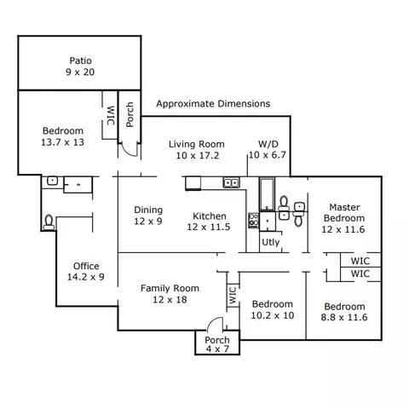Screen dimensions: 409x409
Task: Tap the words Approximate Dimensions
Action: click(x=213, y=104)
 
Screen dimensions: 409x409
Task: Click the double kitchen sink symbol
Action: click(x=231, y=182)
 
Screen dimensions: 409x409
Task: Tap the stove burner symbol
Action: click(x=254, y=221)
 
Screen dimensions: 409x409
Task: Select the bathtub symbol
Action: click(x=267, y=194)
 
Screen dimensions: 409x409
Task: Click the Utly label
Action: click(x=271, y=242)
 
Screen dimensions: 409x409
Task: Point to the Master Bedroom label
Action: click(x=343, y=218)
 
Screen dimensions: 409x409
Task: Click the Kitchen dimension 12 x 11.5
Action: click(x=209, y=227)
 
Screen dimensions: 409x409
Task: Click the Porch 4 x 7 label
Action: click(x=217, y=344)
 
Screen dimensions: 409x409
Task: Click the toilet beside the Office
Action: click(x=49, y=222)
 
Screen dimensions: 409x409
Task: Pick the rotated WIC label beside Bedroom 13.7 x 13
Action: click(x=111, y=115)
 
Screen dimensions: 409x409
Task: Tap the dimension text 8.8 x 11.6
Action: click(x=344, y=317)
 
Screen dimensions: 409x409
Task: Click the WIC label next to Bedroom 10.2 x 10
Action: click(x=233, y=295)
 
